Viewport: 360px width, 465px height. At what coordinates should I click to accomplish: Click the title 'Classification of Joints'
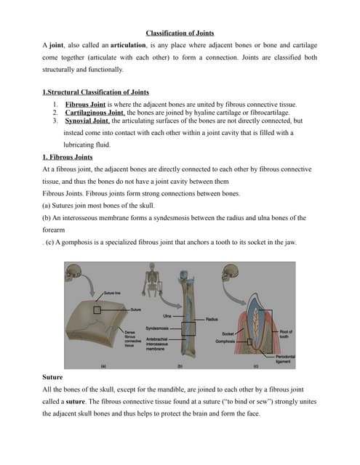point(180,33)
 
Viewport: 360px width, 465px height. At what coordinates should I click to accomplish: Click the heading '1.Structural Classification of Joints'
point(96,92)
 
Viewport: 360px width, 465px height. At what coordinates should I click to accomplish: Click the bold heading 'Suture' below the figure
point(53,379)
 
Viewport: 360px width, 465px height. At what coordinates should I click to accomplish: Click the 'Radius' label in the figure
point(212,319)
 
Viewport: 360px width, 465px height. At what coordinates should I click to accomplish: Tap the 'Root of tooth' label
point(286,333)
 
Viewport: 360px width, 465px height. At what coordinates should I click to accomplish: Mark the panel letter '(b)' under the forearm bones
point(179,365)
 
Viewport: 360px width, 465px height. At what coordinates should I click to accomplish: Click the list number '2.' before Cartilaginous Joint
point(55,113)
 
